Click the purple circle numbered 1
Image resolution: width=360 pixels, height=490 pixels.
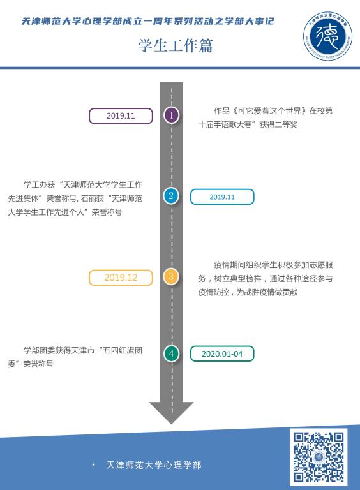171,115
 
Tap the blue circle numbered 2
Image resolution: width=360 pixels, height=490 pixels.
171,196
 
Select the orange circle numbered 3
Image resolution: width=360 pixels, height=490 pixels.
171,276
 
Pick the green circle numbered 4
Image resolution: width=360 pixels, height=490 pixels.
171,353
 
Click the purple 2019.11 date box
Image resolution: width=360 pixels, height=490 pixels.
121,116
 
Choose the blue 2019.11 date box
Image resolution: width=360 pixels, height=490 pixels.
222,197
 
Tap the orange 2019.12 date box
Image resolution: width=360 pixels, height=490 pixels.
121,278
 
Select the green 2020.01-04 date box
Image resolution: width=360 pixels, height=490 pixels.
222,353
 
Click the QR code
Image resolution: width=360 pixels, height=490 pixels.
319,457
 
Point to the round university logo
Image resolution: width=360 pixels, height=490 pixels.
327,36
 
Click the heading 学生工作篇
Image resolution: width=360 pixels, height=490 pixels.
176,46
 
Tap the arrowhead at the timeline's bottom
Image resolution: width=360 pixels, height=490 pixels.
171,413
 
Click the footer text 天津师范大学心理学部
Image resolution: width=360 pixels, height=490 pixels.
154,465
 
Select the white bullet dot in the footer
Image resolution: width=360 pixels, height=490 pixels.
93,465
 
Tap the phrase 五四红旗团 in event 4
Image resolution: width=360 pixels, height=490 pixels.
123,350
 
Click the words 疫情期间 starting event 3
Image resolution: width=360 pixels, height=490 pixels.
230,265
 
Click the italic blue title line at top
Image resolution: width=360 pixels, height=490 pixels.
148,21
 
